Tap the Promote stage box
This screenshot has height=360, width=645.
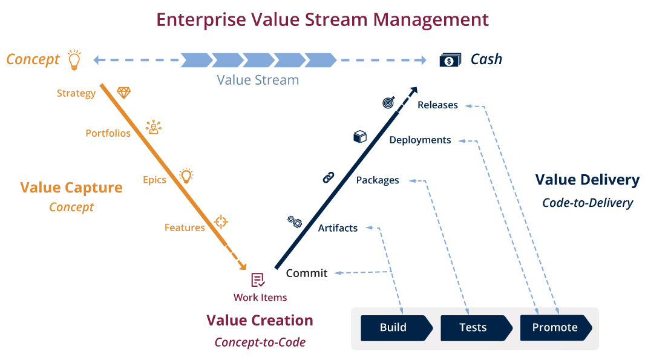pos(555,328)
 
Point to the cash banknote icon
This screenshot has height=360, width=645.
pos(448,60)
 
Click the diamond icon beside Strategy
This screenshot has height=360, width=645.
pos(123,92)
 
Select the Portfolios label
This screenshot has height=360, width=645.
pos(108,133)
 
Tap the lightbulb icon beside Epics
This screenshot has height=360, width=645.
pos(186,176)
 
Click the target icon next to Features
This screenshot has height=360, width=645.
pos(221,221)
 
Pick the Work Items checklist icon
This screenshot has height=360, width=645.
pos(258,280)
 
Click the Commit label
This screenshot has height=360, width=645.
pos(306,273)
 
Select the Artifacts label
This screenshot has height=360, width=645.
pos(338,228)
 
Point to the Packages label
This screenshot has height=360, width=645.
pos(377,180)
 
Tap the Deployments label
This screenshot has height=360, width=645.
pos(420,140)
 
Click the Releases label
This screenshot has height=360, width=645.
pos(437,105)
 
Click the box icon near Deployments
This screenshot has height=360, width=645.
pos(360,137)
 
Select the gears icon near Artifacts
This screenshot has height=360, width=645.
pos(295,221)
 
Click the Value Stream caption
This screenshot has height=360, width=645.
pos(258,80)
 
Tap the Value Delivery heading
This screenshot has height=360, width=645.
pos(587,180)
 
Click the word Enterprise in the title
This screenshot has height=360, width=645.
pos(201,19)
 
